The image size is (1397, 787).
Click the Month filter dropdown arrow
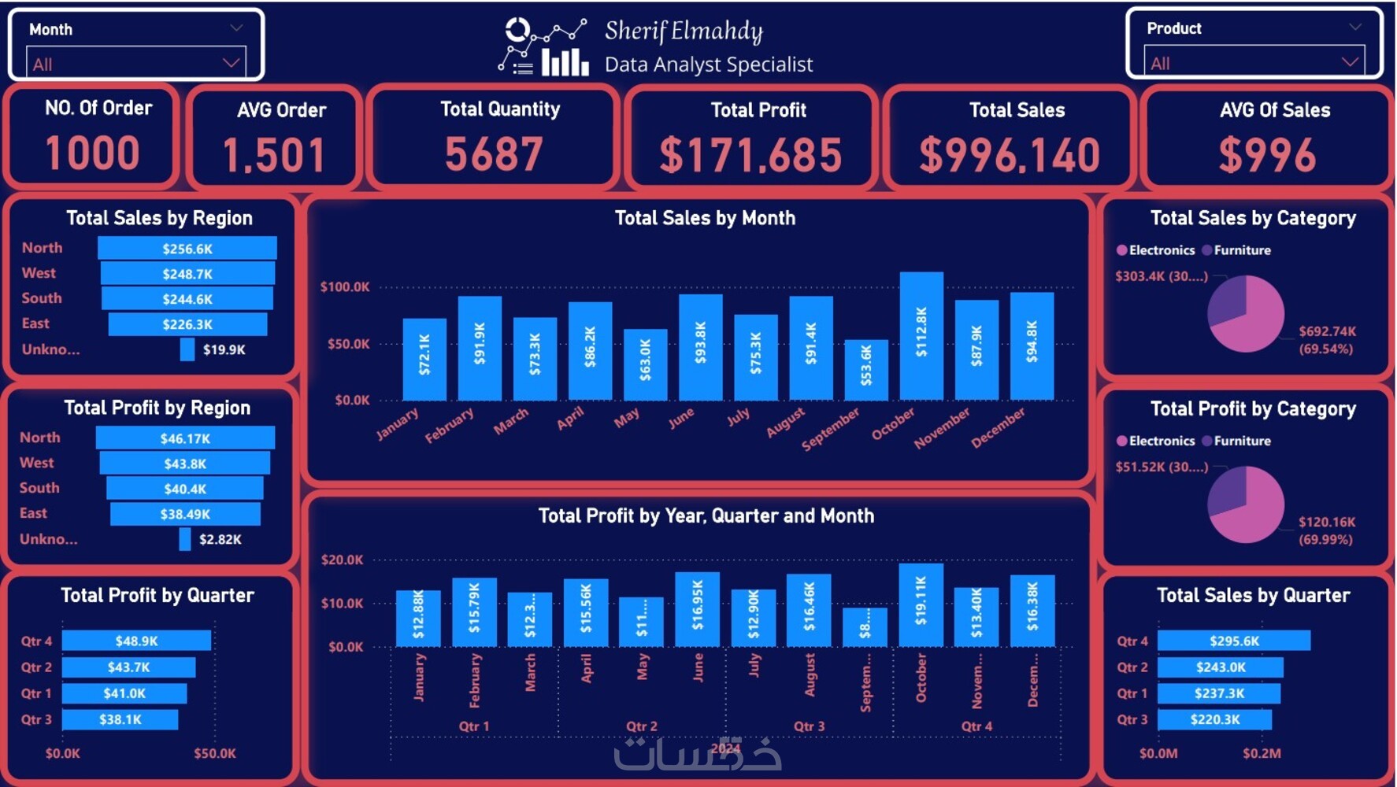tap(231, 62)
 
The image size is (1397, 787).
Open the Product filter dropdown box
tap(1254, 62)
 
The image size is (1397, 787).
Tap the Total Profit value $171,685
tap(750, 154)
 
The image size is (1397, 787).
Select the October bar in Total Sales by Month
tap(921, 336)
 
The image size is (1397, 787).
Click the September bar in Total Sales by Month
tap(866, 370)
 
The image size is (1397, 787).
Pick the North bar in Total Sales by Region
tap(187, 249)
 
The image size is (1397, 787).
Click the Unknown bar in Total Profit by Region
tap(185, 539)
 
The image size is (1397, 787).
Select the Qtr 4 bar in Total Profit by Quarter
tap(136, 641)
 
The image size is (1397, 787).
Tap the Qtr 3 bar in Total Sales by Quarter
tap(1214, 719)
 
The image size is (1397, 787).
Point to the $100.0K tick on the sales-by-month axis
tap(345, 286)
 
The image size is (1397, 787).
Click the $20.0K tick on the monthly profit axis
tap(343, 560)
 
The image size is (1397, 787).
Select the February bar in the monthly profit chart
tap(474, 612)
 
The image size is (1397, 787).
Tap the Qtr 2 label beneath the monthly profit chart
tap(641, 726)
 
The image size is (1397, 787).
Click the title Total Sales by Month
tap(705, 218)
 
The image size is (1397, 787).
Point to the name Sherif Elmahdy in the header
tap(684, 31)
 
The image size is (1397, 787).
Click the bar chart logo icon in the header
tap(565, 61)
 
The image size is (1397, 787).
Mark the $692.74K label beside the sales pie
tap(1327, 331)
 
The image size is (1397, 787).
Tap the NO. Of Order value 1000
tap(93, 153)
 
